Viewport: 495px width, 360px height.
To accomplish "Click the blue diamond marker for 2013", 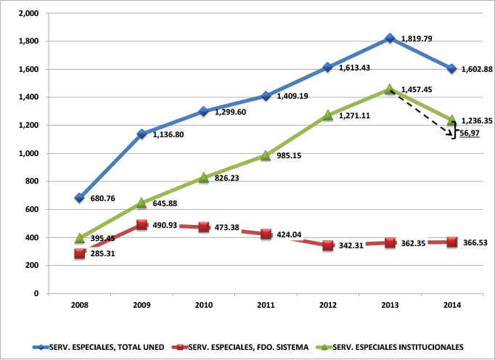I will click(390, 38).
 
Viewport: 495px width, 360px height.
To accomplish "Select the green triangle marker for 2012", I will click(328, 115).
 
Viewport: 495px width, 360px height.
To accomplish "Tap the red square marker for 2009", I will click(142, 224).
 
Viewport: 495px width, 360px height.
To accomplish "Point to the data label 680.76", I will click(103, 197).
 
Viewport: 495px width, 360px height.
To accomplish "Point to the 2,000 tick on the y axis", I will click(29, 13).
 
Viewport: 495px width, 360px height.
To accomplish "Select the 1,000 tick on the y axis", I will click(29, 153).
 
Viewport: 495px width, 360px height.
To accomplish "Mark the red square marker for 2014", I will click(452, 242).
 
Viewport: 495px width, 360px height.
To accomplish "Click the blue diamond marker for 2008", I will click(80, 197).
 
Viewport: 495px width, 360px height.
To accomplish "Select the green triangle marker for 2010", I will click(204, 177).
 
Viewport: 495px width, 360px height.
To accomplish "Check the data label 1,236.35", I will click(479, 120).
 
